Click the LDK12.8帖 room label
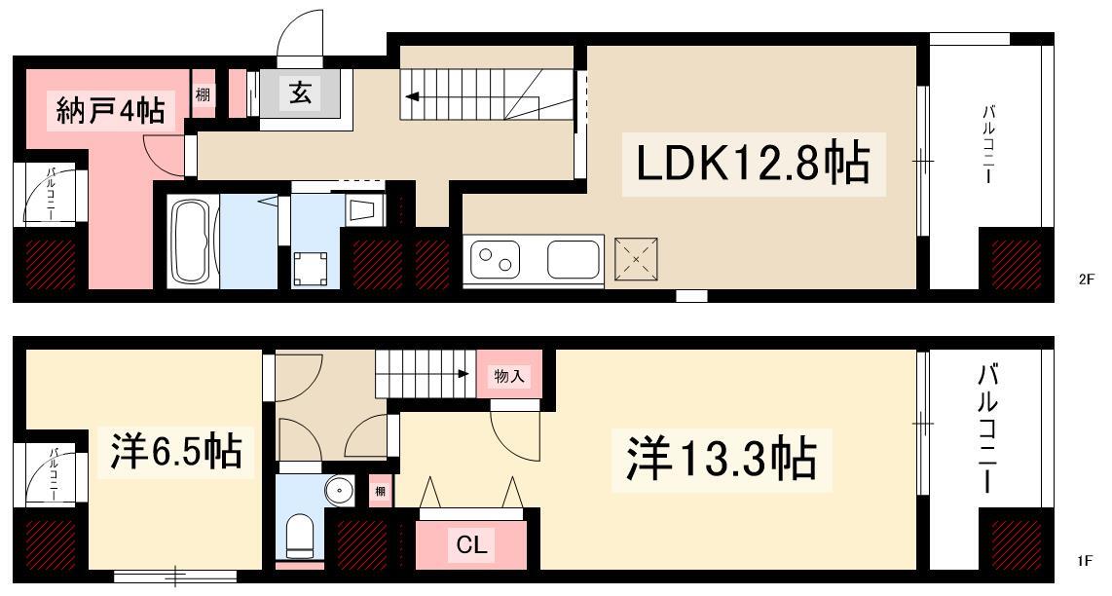[753, 164]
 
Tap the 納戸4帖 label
[110, 111]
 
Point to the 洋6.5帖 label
[176, 451]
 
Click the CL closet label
[471, 545]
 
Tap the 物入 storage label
[508, 376]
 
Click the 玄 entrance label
[299, 93]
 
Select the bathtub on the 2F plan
[193, 242]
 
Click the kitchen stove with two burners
[495, 259]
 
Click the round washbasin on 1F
[341, 491]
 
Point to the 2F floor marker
[1087, 279]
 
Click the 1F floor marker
[1085, 561]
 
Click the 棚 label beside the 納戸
[203, 93]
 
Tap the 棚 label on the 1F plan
[381, 491]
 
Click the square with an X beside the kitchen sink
[636, 259]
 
